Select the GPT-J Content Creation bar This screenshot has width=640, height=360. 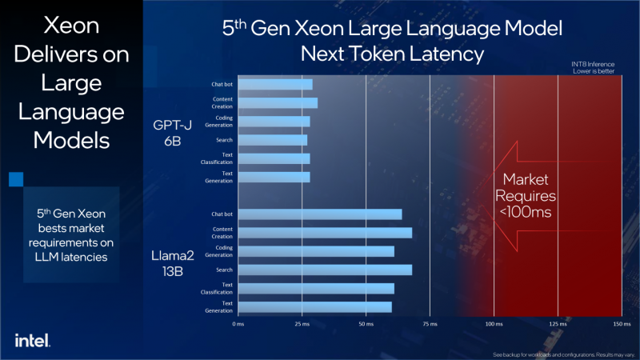(x=277, y=102)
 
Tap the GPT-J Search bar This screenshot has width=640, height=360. (x=272, y=140)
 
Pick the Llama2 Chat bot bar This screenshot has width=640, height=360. (x=319, y=214)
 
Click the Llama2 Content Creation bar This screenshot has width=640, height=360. (x=324, y=233)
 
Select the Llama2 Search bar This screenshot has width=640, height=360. (x=324, y=270)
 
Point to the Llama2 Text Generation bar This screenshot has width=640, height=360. (x=314, y=306)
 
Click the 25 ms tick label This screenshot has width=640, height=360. (x=302, y=325)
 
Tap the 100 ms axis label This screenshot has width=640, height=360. (x=494, y=325)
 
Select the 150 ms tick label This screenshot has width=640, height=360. (x=621, y=325)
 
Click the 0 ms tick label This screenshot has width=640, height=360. (x=238, y=325)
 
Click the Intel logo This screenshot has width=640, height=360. (x=32, y=339)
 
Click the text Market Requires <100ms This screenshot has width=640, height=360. (x=525, y=196)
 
